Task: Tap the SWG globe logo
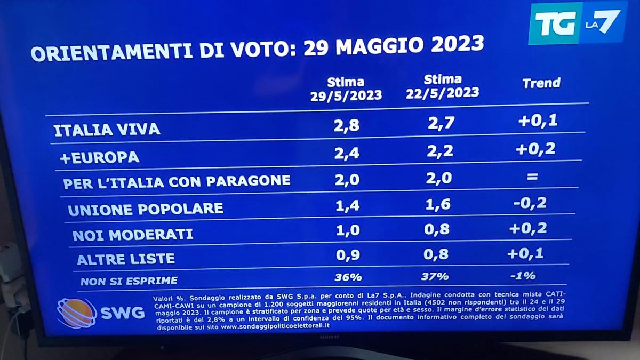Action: [76, 313]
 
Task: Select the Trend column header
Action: [541, 83]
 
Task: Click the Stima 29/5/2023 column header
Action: [346, 89]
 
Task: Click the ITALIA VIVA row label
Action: [107, 130]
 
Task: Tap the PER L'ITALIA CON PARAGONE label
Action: [177, 181]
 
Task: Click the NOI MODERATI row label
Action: [133, 234]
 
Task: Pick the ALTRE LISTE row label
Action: [126, 259]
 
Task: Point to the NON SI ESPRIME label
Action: [129, 281]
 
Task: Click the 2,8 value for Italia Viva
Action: [347, 126]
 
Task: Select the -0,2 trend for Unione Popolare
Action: [531, 203]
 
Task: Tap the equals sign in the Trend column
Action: [532, 177]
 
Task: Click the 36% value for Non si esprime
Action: [347, 277]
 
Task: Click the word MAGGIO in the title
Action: [372, 45]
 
